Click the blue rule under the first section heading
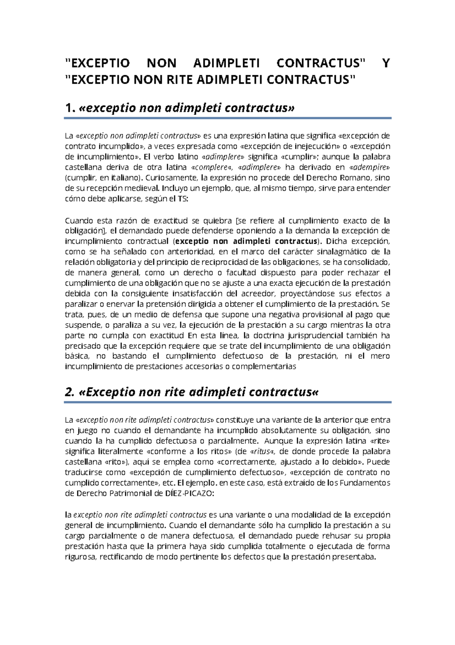227,118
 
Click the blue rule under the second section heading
227,402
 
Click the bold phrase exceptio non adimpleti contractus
247,241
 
